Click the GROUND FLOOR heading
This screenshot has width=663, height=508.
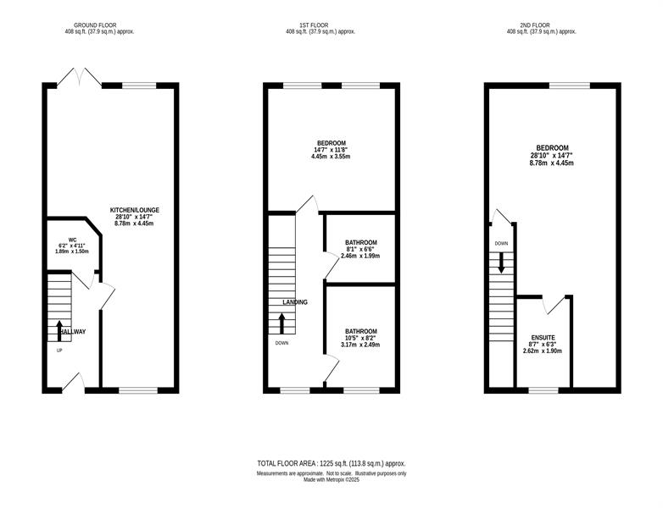point(95,25)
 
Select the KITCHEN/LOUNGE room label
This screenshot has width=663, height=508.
point(135,210)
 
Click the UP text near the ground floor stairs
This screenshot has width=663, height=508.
point(59,350)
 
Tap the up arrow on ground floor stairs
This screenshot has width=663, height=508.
point(59,331)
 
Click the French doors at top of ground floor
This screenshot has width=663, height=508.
point(79,77)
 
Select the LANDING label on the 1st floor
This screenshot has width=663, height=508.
point(295,302)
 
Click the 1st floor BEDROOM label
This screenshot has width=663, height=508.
point(331,143)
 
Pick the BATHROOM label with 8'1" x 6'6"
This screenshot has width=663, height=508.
point(360,243)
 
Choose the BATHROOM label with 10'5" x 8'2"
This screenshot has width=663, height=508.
point(360,332)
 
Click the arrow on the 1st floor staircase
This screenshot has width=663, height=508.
point(281,324)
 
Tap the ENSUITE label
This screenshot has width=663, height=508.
point(543,338)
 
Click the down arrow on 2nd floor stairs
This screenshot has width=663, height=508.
point(501,262)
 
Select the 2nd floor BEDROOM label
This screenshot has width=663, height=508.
point(552,148)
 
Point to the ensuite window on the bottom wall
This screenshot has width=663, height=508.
point(543,390)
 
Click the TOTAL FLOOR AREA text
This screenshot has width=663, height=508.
point(331,463)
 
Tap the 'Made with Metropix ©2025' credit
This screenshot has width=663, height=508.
point(331,480)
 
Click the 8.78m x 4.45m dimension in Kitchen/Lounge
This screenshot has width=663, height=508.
point(134,224)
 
